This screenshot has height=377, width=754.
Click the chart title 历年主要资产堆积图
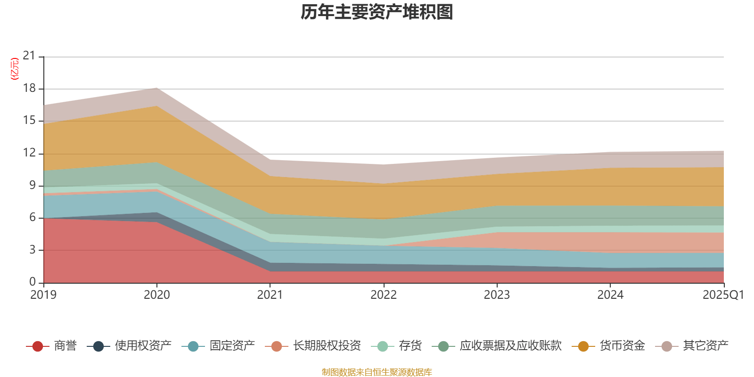377,12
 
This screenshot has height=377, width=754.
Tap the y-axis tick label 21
29,56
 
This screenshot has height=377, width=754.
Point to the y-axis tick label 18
29,89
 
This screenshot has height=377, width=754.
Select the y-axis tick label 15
29,121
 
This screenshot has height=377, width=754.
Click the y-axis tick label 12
29,153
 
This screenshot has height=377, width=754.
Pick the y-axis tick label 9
33,185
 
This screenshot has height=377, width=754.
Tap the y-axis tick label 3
33,250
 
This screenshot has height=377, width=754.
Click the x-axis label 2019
43,295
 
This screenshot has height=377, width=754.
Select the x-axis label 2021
270,295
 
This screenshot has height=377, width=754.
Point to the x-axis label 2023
497,295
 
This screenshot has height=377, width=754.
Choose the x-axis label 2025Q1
723,295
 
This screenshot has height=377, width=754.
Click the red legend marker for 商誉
38,346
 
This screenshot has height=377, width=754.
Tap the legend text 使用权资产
143,346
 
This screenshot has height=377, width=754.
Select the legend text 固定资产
232,346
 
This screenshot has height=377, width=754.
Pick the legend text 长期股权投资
327,346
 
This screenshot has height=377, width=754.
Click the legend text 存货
410,346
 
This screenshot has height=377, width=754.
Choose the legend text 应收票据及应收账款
510,346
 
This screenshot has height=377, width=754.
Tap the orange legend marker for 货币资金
583,346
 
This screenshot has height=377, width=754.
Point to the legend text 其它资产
706,346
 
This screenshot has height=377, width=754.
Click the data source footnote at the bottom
377,372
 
